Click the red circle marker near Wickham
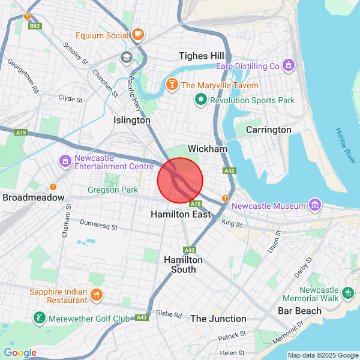pos(181,180)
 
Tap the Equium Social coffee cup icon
pos(138,35)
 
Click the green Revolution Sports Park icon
pos(200,100)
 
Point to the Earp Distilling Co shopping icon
pos(289,65)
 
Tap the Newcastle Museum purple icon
pos(314,206)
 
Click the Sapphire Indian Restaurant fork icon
pos(97,295)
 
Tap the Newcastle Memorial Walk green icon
pos(349,293)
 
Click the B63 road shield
pos(35,26)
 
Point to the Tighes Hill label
pos(202,56)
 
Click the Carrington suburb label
pos(269,130)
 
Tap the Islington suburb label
pos(132,120)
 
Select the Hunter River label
pos(346,145)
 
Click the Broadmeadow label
pos(34,197)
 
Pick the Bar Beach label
pos(299,311)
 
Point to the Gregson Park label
pos(113,190)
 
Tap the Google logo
pos(20,353)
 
